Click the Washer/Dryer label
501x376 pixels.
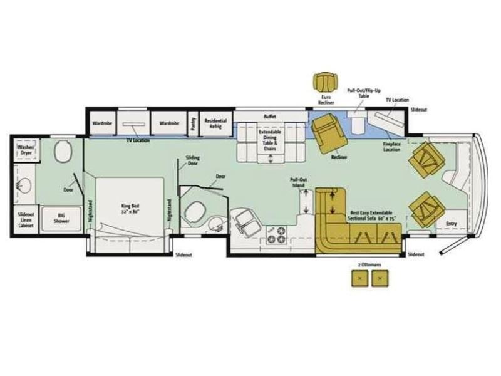[26, 150]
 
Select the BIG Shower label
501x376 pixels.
[62, 217]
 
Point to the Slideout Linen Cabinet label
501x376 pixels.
[26, 217]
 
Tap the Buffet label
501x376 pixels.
[270, 117]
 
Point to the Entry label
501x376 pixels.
[451, 224]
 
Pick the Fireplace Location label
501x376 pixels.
[392, 147]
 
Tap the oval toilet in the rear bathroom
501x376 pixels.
[63, 152]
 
